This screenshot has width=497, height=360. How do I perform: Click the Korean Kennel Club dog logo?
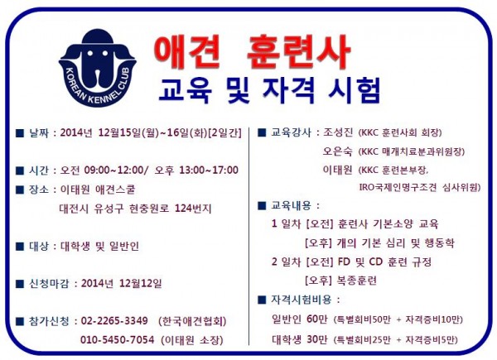click(98, 68)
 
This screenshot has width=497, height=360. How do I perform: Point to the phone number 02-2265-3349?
click(114, 321)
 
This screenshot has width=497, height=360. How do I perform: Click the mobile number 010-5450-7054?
click(118, 340)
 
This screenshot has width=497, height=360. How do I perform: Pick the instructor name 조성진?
click(338, 132)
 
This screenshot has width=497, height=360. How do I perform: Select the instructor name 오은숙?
click(338, 151)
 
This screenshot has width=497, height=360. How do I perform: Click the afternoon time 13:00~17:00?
click(209, 170)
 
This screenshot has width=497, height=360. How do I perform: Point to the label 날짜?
click(39, 132)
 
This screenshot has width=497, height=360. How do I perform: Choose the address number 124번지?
click(193, 209)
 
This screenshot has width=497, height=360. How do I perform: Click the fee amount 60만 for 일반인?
click(316, 319)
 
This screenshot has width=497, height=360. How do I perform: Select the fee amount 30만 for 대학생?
click(316, 339)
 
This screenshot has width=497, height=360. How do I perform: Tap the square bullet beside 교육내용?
click(262, 206)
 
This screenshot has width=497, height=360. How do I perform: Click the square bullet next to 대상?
click(20, 247)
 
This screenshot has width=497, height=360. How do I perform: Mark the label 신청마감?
click(49, 283)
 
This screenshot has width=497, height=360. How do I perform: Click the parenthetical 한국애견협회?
click(192, 321)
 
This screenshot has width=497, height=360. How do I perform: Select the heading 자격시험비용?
click(302, 300)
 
